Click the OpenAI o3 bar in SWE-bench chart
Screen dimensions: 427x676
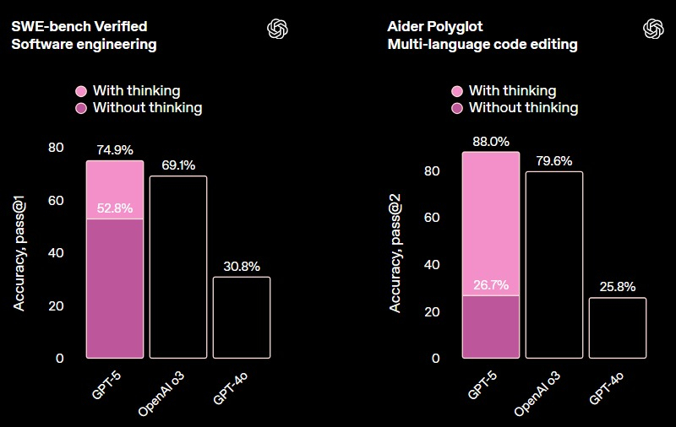[x=178, y=267]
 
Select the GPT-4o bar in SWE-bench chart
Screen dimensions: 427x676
[x=242, y=317]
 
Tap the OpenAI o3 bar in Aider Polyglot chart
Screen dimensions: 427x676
[x=554, y=264]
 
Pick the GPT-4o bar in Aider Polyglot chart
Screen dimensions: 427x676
[x=618, y=327]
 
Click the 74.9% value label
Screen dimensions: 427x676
[x=115, y=151]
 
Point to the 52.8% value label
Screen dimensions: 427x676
[x=115, y=208]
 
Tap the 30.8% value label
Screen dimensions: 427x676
[x=242, y=267]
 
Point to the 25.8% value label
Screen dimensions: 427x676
[x=618, y=287]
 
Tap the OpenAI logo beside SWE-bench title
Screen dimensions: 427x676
[x=278, y=28]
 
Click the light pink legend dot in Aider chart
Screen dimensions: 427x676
[x=457, y=91]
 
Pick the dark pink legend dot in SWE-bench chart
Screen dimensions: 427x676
[x=81, y=108]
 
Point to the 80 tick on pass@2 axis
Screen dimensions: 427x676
[x=432, y=170]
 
